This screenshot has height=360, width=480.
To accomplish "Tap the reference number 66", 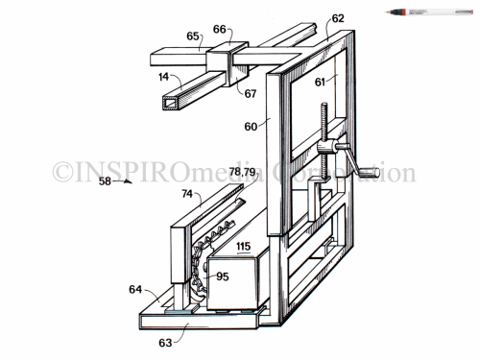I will coord(219,29).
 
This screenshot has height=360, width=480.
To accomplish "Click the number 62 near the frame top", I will coord(338,17).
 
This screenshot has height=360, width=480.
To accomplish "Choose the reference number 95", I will coord(223,276).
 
